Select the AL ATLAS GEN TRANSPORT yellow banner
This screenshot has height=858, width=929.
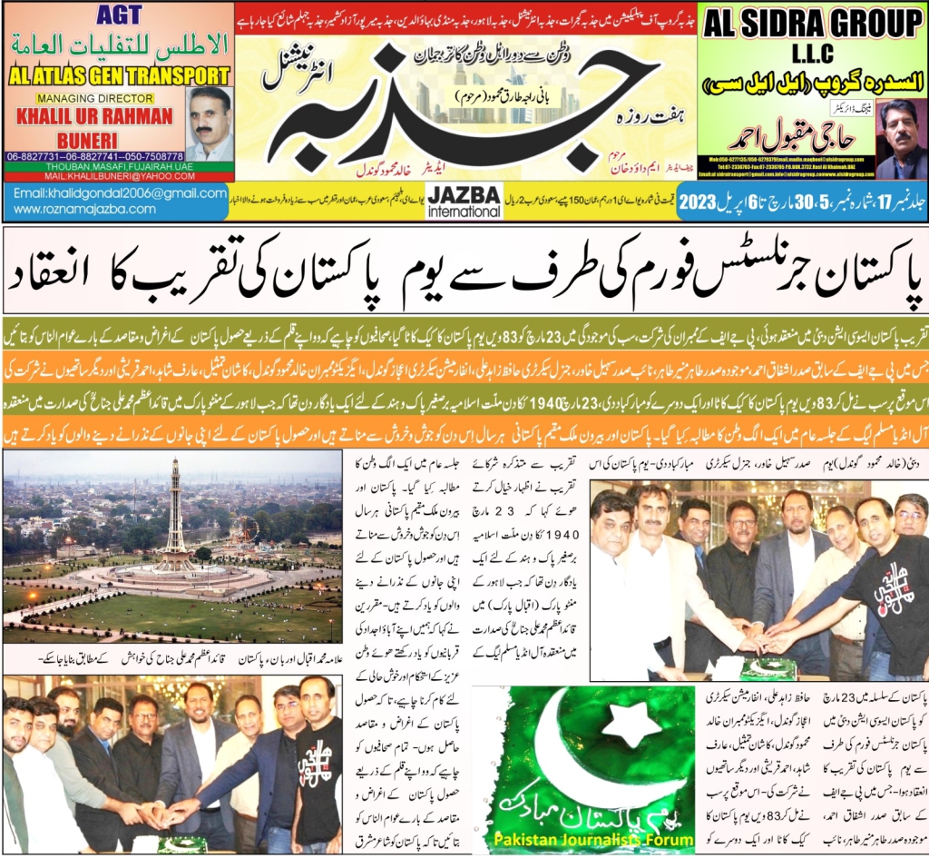118,75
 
